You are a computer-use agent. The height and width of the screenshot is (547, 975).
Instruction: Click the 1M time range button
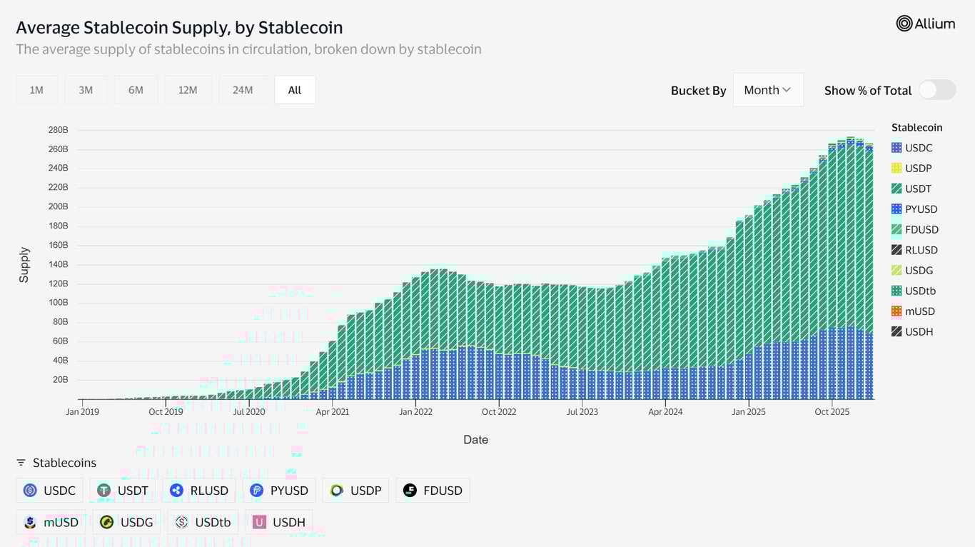[x=36, y=90]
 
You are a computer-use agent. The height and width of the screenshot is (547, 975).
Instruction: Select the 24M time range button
[x=243, y=90]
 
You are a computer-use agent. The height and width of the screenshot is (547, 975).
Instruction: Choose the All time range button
[x=295, y=90]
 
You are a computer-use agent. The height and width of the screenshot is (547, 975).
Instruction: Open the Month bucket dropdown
[x=768, y=90]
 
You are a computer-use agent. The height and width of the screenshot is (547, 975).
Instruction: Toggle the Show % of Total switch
[x=936, y=90]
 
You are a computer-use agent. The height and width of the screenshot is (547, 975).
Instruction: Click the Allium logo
[x=925, y=24]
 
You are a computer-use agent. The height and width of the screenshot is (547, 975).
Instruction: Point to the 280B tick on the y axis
[x=59, y=130]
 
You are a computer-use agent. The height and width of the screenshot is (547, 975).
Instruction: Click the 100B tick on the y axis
[x=59, y=303]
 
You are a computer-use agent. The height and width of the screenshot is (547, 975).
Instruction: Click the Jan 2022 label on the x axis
[x=415, y=412]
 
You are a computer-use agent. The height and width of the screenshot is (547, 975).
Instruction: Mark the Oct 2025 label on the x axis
[x=832, y=412]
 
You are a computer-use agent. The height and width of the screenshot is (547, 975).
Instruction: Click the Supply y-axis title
[x=24, y=265]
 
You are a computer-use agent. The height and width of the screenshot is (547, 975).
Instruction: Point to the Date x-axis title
[x=475, y=440]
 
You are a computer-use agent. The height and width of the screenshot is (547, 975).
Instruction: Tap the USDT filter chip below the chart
[x=124, y=491]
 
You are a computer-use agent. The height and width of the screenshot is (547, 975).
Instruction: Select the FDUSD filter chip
[x=433, y=491]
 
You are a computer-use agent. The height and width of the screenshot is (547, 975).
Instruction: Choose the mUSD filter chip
[x=51, y=522]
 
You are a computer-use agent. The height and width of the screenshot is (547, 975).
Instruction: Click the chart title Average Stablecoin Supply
[x=179, y=28]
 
